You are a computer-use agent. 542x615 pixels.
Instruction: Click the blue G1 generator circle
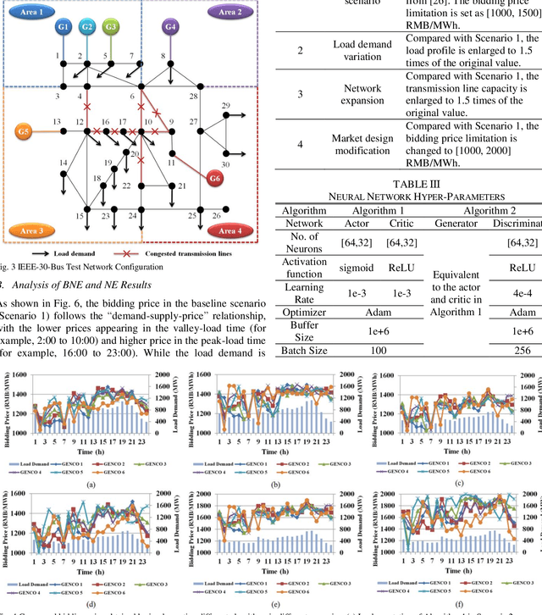[x=64, y=27]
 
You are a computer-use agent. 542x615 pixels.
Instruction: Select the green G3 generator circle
[x=111, y=27]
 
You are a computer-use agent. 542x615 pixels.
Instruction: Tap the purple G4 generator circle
[x=171, y=27]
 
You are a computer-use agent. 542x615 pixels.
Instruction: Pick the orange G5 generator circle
[x=23, y=132]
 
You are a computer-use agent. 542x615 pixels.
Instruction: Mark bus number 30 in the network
[x=225, y=163]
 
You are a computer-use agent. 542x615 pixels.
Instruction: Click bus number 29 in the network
[x=225, y=105]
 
